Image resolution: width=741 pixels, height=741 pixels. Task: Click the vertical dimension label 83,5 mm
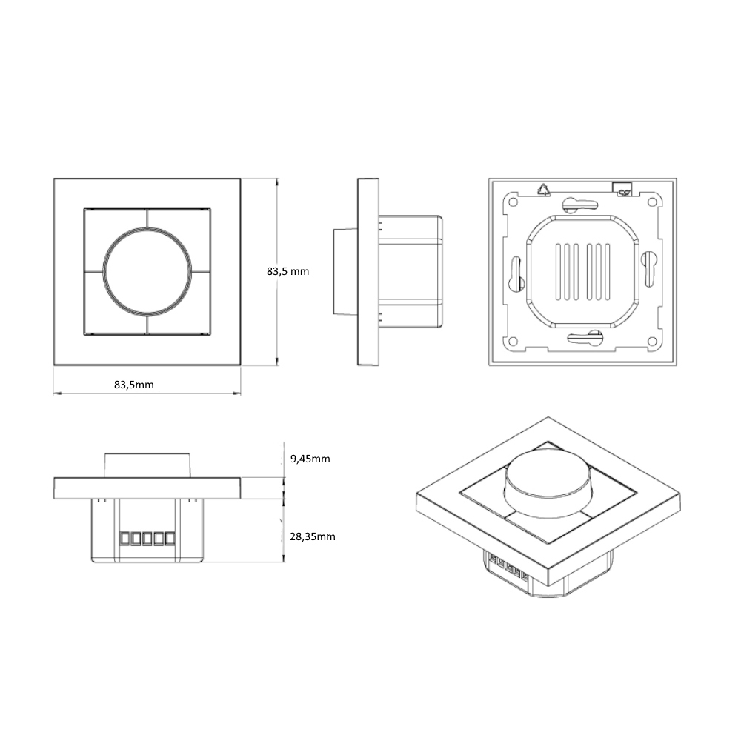tap(288, 271)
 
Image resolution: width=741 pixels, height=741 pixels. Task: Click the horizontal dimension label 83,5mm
tap(133, 385)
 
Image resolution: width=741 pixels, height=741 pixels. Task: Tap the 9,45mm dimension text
tap(310, 459)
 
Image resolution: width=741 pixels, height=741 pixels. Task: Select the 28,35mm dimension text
tap(313, 536)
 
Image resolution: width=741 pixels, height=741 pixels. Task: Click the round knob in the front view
tap(147, 271)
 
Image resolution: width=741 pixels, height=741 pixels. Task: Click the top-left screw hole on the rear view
tap(512, 202)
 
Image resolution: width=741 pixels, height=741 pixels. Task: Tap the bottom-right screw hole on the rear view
tap(652, 341)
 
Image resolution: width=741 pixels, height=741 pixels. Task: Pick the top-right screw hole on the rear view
tap(652, 202)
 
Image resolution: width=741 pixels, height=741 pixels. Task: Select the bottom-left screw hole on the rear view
tap(512, 341)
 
